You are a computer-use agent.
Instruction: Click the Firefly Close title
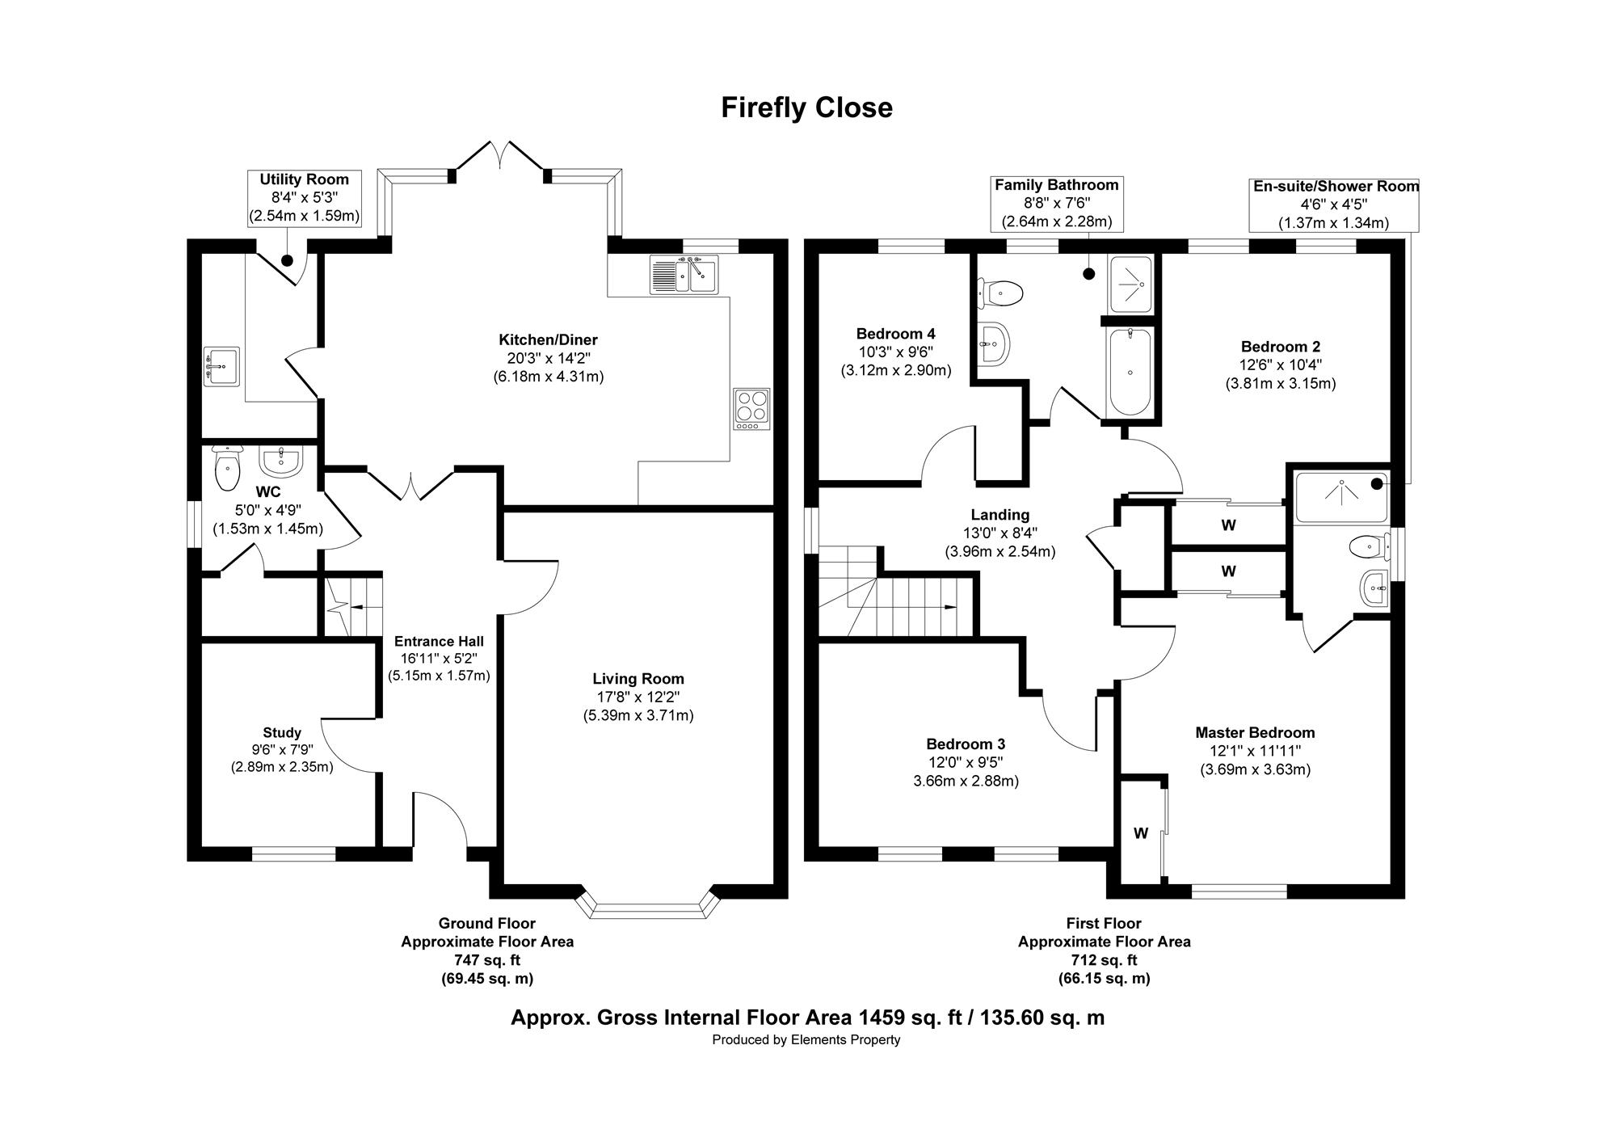tap(806, 107)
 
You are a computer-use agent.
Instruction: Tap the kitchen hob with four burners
tap(752, 409)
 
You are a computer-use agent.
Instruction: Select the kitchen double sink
tap(683, 274)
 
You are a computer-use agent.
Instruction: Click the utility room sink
tap(221, 367)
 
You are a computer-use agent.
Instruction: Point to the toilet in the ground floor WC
tap(228, 468)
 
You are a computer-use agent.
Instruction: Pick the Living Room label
tap(638, 679)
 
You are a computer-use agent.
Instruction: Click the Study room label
tap(282, 733)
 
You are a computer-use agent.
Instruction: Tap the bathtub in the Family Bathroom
tap(1130, 372)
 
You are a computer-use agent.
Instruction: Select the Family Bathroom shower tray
tap(1131, 284)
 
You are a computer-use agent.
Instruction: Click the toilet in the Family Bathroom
tap(1001, 292)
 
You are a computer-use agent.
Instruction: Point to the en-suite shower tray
tap(1341, 496)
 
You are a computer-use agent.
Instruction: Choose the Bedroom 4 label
tap(896, 334)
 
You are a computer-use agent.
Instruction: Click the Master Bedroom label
tap(1255, 733)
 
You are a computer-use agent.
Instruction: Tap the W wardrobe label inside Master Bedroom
tap(1141, 833)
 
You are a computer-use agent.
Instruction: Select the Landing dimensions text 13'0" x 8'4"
tap(1000, 533)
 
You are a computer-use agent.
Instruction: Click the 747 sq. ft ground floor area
tap(486, 960)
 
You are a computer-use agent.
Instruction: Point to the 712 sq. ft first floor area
tap(1104, 960)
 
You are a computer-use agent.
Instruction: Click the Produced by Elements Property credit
tap(806, 1040)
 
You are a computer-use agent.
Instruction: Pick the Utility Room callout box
tap(305, 198)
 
